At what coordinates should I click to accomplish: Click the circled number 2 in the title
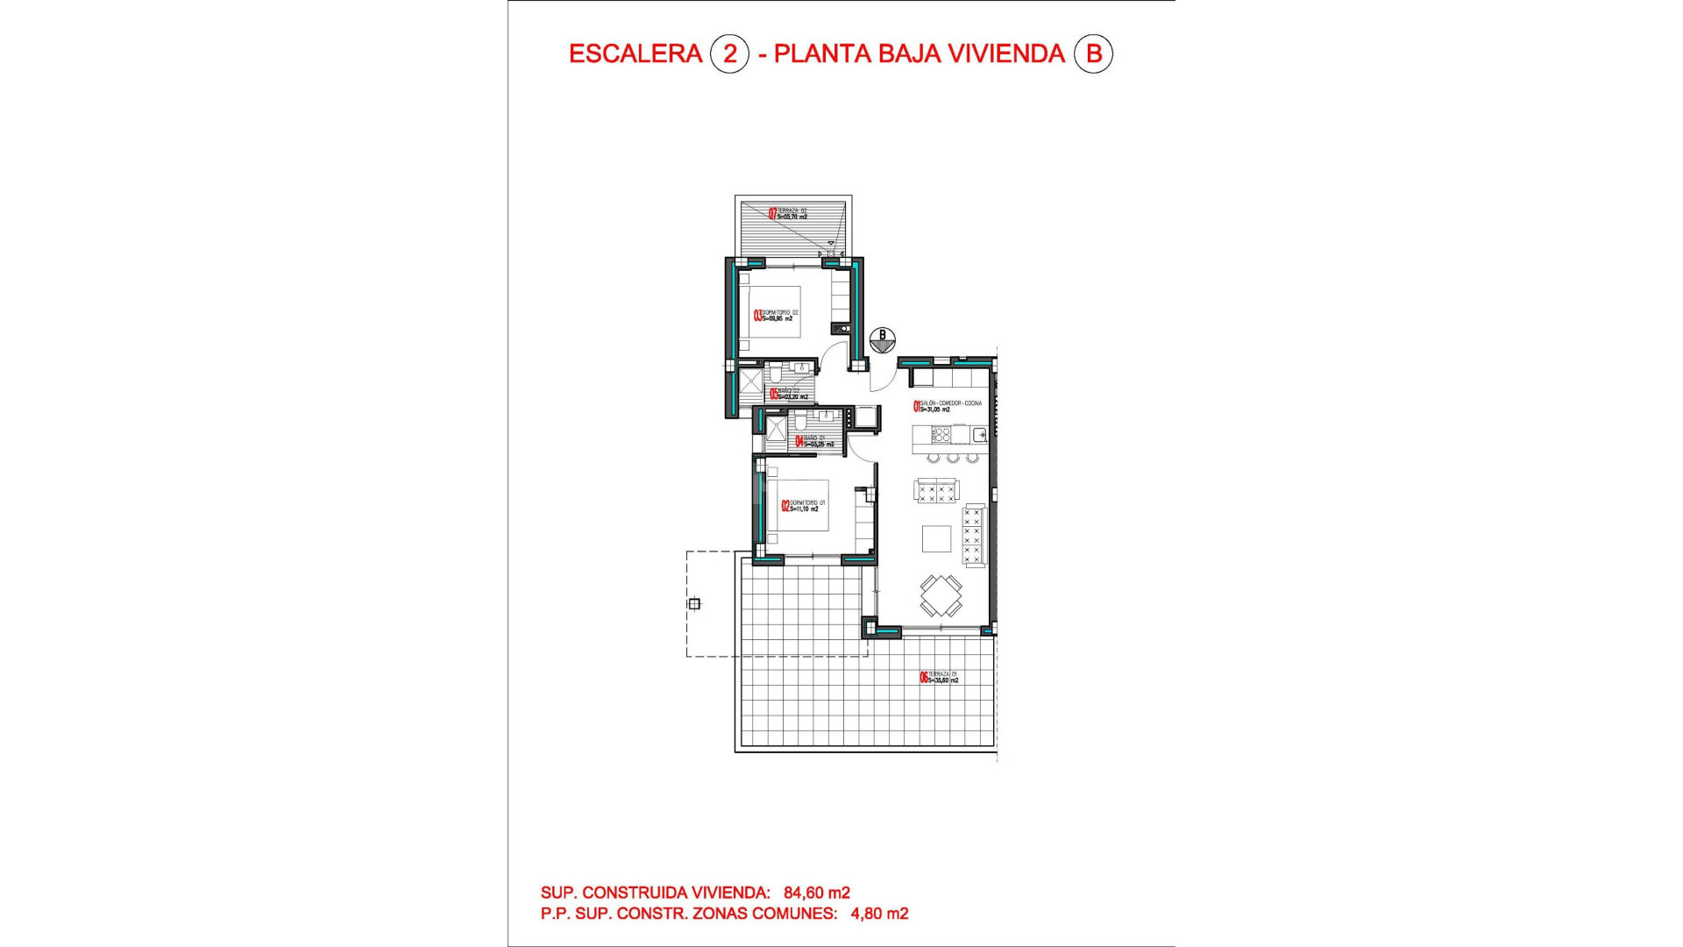729,53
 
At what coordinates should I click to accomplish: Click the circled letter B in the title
1093,53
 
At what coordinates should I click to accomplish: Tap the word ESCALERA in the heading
635,53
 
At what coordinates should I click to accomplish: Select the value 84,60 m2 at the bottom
816,893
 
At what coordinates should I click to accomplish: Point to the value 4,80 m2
879,914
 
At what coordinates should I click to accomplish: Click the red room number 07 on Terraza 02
772,213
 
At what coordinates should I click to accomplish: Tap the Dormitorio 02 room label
778,316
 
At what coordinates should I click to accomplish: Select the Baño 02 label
789,394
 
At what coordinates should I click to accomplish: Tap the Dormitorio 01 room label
805,506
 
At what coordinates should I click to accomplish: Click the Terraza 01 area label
940,677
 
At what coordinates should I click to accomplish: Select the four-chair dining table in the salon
941,596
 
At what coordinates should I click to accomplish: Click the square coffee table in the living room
936,538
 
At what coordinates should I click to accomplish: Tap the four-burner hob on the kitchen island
941,434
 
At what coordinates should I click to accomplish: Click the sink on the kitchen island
978,434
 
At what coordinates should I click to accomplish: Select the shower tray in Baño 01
777,429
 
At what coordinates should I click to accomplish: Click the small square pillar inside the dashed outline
694,603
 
